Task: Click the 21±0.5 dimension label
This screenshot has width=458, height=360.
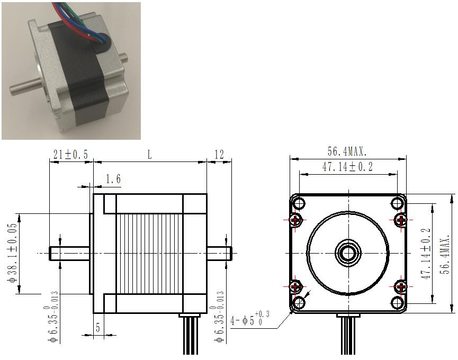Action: click(70, 155)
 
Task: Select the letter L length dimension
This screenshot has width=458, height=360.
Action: click(149, 155)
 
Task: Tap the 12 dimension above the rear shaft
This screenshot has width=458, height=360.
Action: click(219, 154)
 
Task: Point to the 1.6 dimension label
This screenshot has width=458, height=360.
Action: click(113, 179)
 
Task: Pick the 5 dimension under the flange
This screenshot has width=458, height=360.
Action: click(98, 328)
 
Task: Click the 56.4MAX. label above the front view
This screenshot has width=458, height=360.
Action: click(347, 151)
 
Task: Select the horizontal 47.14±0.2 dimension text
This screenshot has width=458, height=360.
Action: click(347, 167)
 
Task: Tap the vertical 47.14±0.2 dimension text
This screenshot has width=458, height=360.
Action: click(426, 254)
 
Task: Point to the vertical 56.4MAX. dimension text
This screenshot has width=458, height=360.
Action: click(446, 254)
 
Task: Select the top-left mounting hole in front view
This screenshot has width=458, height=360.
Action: click(299, 203)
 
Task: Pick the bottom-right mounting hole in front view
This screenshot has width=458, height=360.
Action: click(397, 303)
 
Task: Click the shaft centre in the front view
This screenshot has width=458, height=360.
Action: click(348, 253)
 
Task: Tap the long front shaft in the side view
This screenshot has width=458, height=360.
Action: click(69, 253)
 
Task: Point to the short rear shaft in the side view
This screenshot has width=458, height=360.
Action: click(219, 253)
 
